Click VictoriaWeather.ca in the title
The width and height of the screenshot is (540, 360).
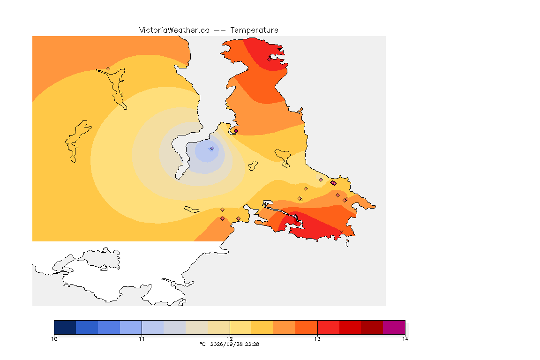point(174,30)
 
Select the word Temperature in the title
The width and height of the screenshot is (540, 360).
point(254,30)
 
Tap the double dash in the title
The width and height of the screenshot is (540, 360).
point(220,30)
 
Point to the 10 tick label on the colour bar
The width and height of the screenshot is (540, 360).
point(54,339)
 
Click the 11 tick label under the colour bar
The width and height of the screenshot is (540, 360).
point(142,339)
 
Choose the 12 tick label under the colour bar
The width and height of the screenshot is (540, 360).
point(230,339)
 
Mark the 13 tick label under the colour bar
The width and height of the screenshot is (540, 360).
point(317,339)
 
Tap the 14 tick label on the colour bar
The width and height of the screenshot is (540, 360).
point(405,339)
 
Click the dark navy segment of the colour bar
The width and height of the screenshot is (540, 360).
point(65,327)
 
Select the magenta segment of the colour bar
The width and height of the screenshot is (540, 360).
point(394,327)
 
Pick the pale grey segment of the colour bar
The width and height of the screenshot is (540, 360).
point(174,327)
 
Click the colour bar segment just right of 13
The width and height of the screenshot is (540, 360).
point(328,327)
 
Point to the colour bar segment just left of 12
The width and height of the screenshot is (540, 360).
point(219,327)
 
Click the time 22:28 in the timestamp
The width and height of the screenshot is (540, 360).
point(252,344)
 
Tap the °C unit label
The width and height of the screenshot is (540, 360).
point(202,344)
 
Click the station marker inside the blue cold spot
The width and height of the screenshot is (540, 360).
point(212,149)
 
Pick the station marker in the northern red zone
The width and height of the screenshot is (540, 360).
point(270,59)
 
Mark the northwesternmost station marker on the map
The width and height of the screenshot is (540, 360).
point(108,69)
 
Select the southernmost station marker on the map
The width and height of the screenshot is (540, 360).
point(341,231)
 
